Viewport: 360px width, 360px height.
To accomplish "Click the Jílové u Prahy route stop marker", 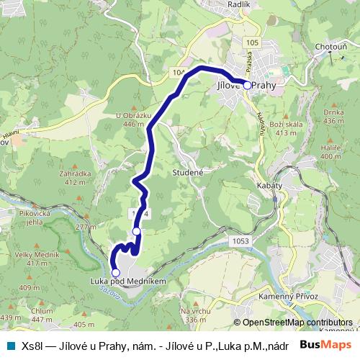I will click(247, 85).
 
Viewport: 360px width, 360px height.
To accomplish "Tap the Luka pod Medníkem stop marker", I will click(115, 273).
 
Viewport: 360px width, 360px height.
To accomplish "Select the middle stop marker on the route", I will click(137, 231).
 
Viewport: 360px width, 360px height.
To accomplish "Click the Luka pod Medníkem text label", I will click(119, 282).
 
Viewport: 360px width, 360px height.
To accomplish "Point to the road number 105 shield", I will click(251, 43).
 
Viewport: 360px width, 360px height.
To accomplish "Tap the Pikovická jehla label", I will click(33, 218).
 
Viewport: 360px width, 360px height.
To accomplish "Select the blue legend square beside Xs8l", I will click(10, 345).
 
